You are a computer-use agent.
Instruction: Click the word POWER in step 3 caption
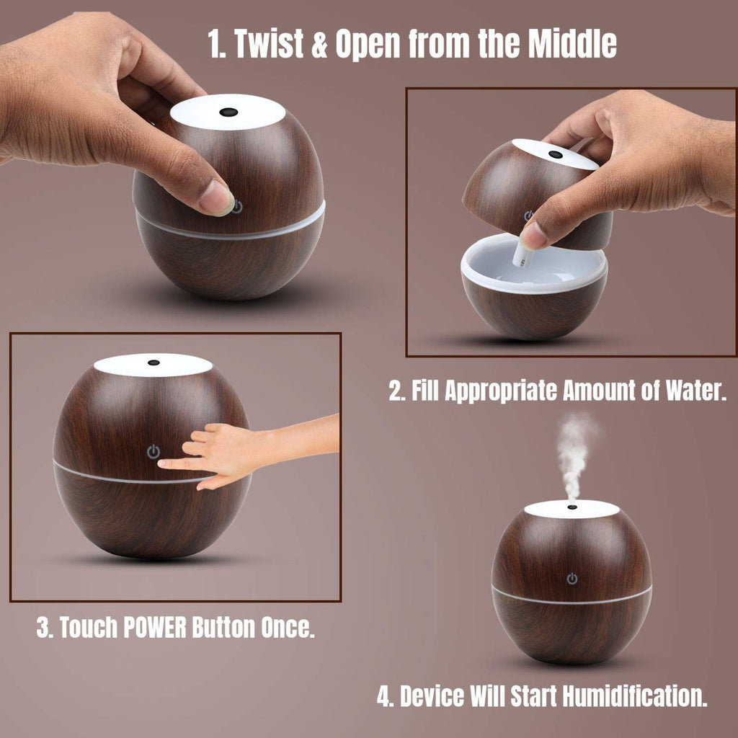coord(155,627)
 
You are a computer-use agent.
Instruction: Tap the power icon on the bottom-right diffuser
coord(572,579)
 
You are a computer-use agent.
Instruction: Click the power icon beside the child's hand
coord(153,452)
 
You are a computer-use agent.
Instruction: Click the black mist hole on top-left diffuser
coord(228,112)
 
